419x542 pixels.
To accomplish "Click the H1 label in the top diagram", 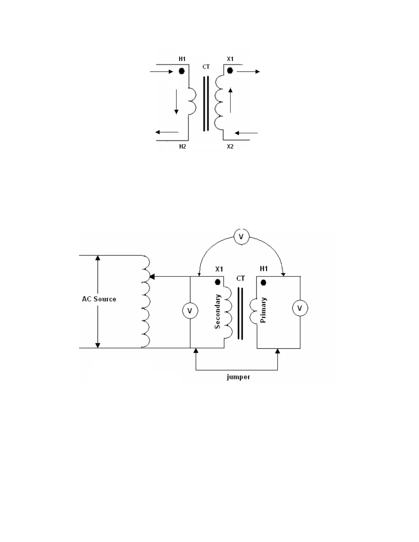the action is [182, 59].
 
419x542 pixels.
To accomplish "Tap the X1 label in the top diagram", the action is [230, 59].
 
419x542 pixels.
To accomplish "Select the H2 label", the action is [182, 147].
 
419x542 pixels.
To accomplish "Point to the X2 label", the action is [230, 147].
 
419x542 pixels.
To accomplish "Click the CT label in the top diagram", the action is [206, 67].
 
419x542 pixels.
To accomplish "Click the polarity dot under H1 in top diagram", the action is [182, 71].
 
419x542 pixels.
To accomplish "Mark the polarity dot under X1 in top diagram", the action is [230, 70].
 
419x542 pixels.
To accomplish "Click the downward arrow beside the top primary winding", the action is [176, 101].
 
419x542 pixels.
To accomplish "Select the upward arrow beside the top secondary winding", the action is [230, 100].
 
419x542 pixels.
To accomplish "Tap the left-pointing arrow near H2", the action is [167, 132].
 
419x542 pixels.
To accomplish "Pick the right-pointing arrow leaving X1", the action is [248, 72].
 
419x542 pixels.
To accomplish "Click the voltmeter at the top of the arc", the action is [241, 237].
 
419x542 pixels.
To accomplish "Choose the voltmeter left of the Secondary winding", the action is [190, 311].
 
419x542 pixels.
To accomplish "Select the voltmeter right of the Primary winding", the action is [300, 308].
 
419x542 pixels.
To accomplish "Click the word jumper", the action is [238, 377].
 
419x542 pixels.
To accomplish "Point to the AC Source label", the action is [99, 299].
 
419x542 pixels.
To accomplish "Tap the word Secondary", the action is [217, 312].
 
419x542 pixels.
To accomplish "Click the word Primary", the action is [263, 310].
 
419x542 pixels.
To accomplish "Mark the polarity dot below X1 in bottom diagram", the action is [217, 282].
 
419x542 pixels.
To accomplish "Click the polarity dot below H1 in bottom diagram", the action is [263, 283].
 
